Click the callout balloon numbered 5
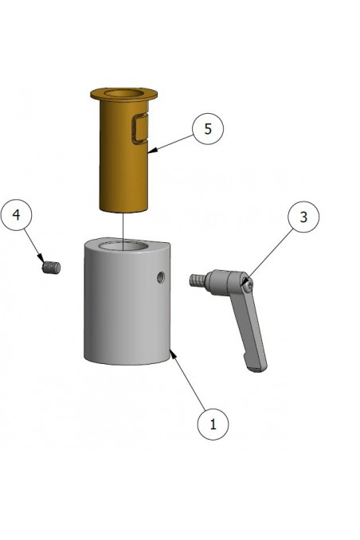[x=208, y=129]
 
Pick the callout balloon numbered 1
[x=213, y=424]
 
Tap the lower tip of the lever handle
[x=256, y=366]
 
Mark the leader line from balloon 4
[x=34, y=241]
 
